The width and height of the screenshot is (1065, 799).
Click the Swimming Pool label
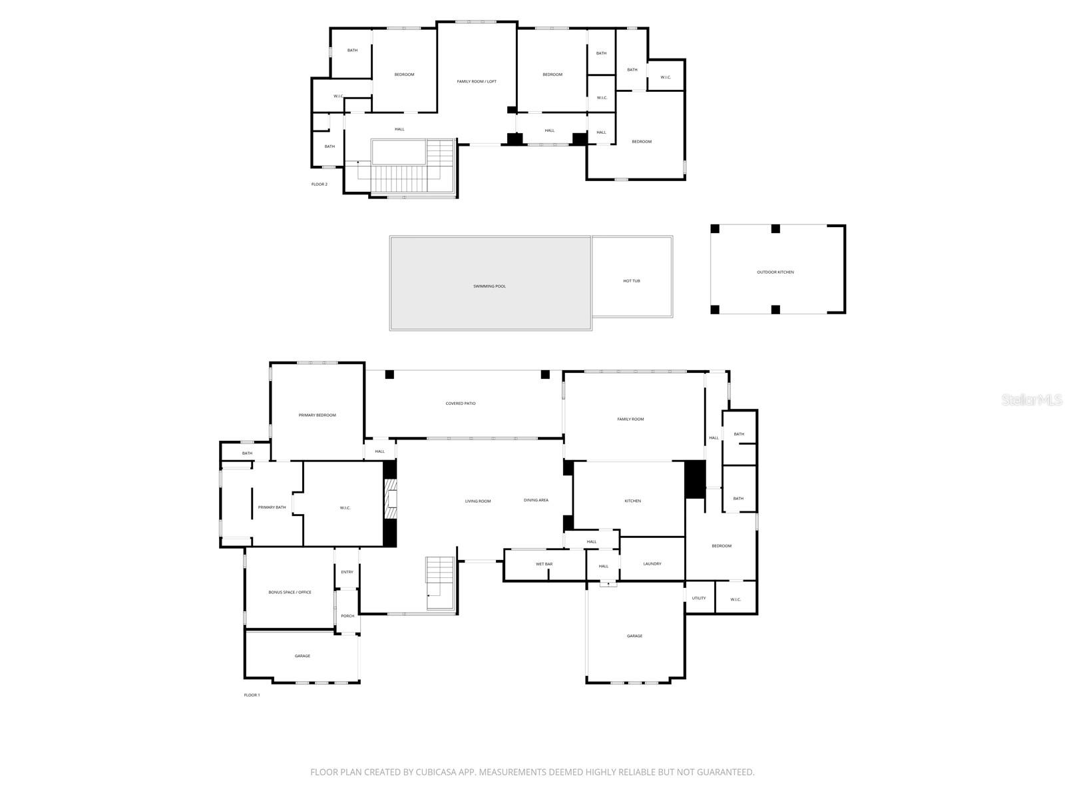click(x=489, y=286)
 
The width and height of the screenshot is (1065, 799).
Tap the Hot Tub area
click(x=632, y=281)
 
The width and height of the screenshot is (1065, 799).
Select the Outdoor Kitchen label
click(x=775, y=272)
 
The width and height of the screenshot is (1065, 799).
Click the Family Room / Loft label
click(x=477, y=81)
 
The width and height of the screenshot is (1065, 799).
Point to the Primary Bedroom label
click(x=317, y=415)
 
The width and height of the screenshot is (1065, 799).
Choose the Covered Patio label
click(x=461, y=403)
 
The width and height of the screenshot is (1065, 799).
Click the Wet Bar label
click(x=544, y=564)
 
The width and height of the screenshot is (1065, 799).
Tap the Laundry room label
click(x=652, y=564)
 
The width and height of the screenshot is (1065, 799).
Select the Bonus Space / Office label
click(x=290, y=592)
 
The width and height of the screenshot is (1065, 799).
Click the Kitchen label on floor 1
click(x=632, y=501)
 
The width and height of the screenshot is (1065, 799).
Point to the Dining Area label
click(x=536, y=500)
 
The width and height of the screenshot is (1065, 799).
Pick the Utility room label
click(x=699, y=598)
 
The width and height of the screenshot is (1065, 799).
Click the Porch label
click(x=347, y=616)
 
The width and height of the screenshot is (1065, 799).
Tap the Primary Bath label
click(x=272, y=507)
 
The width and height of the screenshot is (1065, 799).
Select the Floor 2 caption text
click(x=319, y=184)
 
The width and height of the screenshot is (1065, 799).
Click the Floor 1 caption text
click(x=252, y=695)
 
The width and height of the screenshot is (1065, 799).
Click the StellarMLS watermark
click(x=1032, y=400)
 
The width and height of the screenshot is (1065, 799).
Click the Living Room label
click(x=478, y=501)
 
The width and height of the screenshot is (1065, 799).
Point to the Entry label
click(x=347, y=572)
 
